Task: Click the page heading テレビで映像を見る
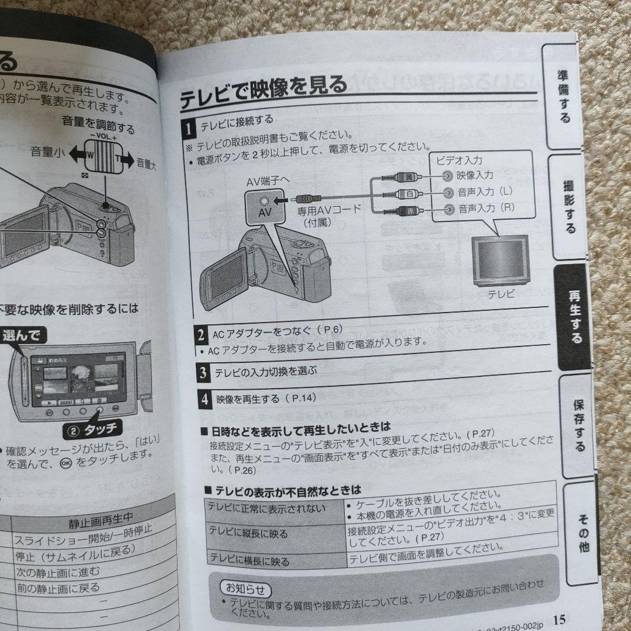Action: point(263,90)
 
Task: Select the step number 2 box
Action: point(200,335)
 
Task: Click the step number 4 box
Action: point(204,400)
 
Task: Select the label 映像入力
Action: point(475,175)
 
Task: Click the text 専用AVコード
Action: point(331,209)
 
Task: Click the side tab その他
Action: point(583,531)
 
